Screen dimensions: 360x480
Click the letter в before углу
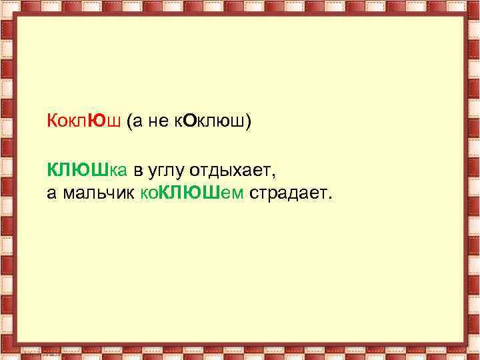[137, 172]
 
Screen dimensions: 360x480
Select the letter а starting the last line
[51, 193]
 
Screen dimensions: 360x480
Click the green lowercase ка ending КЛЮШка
[118, 172]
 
